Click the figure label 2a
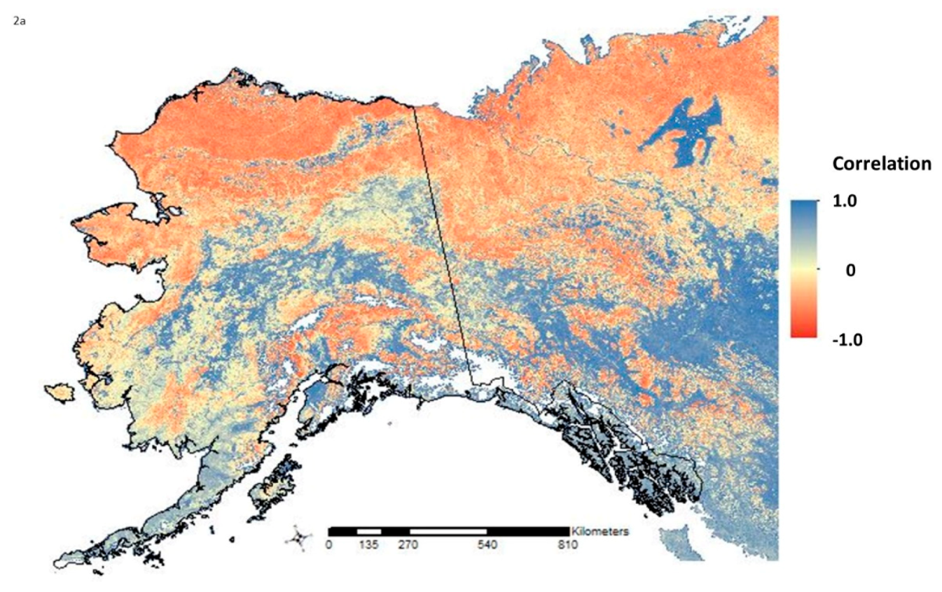[x=18, y=22]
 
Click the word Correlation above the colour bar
[x=881, y=164]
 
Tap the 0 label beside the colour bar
[x=851, y=269]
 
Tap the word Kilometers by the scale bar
[x=600, y=531]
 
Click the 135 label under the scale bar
[x=368, y=545]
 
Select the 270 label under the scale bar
[x=408, y=545]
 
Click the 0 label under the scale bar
[x=329, y=545]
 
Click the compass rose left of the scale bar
[x=299, y=539]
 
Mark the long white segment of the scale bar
[x=448, y=532]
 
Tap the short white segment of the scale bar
[x=368, y=532]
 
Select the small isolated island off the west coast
[x=59, y=392]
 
